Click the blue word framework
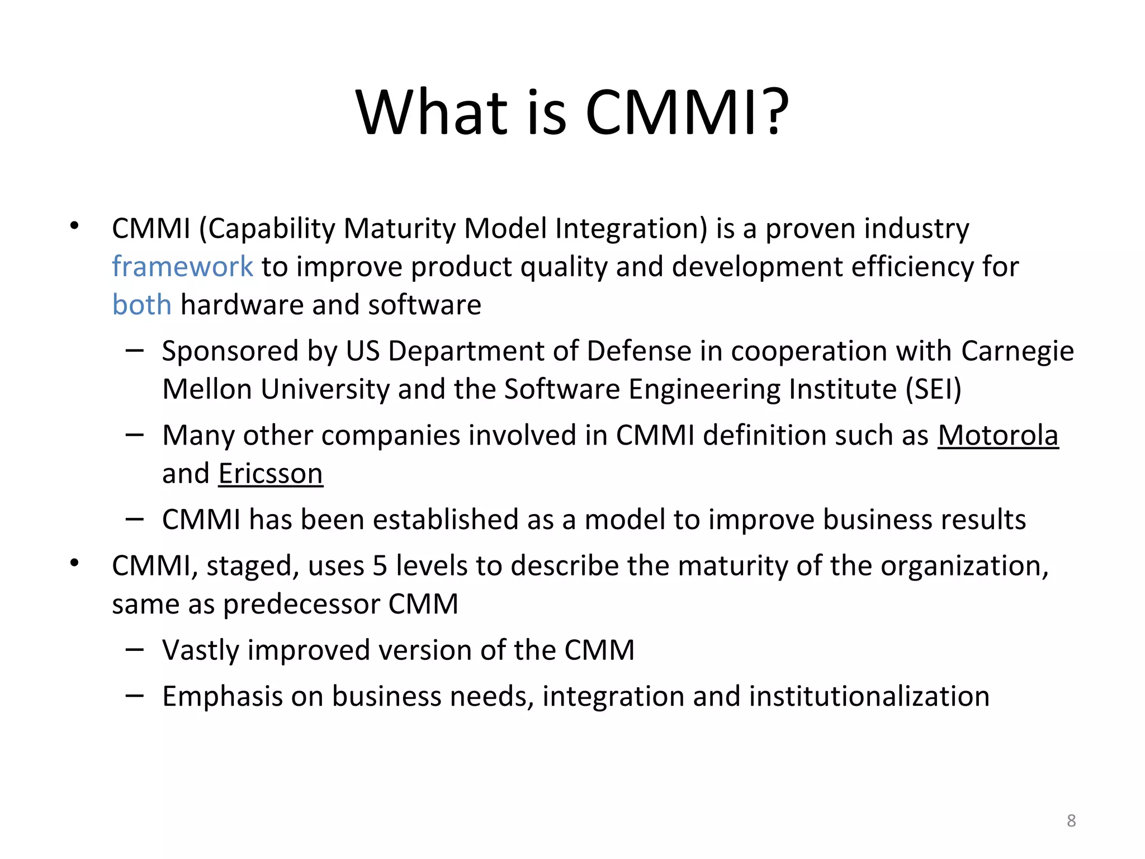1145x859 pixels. [182, 266]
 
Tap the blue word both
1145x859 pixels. [141, 305]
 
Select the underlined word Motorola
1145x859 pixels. [998, 436]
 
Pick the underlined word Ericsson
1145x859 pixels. [271, 474]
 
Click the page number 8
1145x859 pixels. [1071, 820]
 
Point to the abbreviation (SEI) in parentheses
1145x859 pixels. [933, 389]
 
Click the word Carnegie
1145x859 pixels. [1018, 352]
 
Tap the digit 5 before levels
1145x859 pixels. [380, 566]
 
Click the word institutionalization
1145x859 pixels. [869, 697]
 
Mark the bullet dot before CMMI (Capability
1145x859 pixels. [74, 226]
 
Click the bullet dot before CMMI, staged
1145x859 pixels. [74, 563]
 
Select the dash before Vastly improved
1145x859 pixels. [135, 650]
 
